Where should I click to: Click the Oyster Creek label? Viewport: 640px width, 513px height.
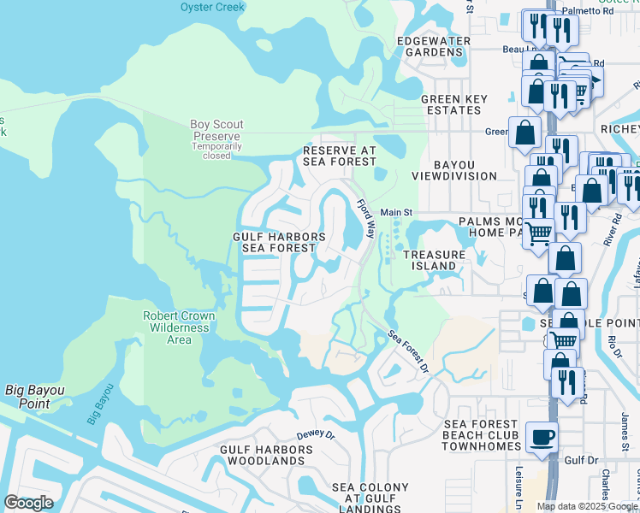[212, 7]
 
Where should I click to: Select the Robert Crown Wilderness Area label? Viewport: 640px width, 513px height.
[178, 327]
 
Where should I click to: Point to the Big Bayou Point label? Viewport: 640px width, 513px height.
[35, 396]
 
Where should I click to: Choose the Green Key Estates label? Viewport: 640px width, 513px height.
[453, 104]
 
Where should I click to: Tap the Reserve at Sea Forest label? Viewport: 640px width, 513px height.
[340, 155]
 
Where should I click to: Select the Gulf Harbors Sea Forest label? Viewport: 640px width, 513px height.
[279, 243]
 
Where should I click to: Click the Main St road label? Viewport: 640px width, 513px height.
[396, 212]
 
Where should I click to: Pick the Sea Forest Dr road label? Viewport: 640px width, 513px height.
[408, 351]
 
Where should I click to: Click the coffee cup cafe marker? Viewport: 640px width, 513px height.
[542, 438]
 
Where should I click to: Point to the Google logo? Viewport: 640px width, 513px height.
[28, 503]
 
